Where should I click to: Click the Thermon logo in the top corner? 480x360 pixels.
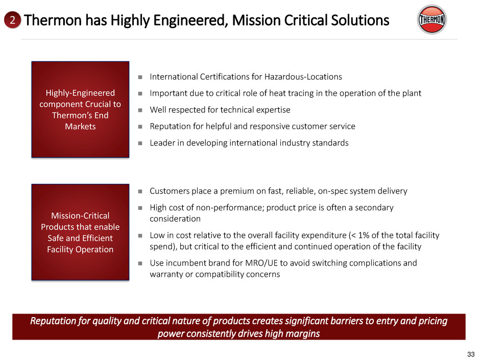pyautogui.click(x=431, y=19)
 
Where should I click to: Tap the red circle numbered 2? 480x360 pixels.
pyautogui.click(x=12, y=20)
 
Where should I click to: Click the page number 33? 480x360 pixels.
pyautogui.click(x=470, y=354)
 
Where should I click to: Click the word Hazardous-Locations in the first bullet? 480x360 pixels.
pyautogui.click(x=303, y=77)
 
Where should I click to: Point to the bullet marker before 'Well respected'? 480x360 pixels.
pyautogui.click(x=140, y=110)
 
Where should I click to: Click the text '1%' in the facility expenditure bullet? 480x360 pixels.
pyautogui.click(x=364, y=235)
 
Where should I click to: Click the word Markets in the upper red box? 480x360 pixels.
pyautogui.click(x=80, y=127)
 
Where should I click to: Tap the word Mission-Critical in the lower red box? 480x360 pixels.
pyautogui.click(x=80, y=215)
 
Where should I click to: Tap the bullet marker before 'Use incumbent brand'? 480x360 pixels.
pyautogui.click(x=140, y=263)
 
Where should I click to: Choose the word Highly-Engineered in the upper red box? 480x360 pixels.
pyautogui.click(x=80, y=93)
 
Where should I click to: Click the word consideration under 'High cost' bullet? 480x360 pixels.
pyautogui.click(x=175, y=219)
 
